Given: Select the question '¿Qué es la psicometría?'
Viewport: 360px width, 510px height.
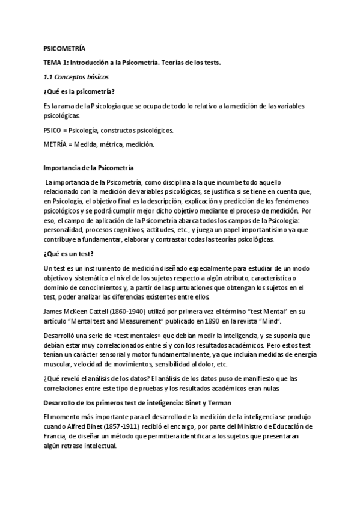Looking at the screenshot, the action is pos(79,91).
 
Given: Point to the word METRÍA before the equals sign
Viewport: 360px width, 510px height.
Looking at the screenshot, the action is pos(55,144).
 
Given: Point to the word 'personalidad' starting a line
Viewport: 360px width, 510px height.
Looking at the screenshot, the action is pos(64,229).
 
